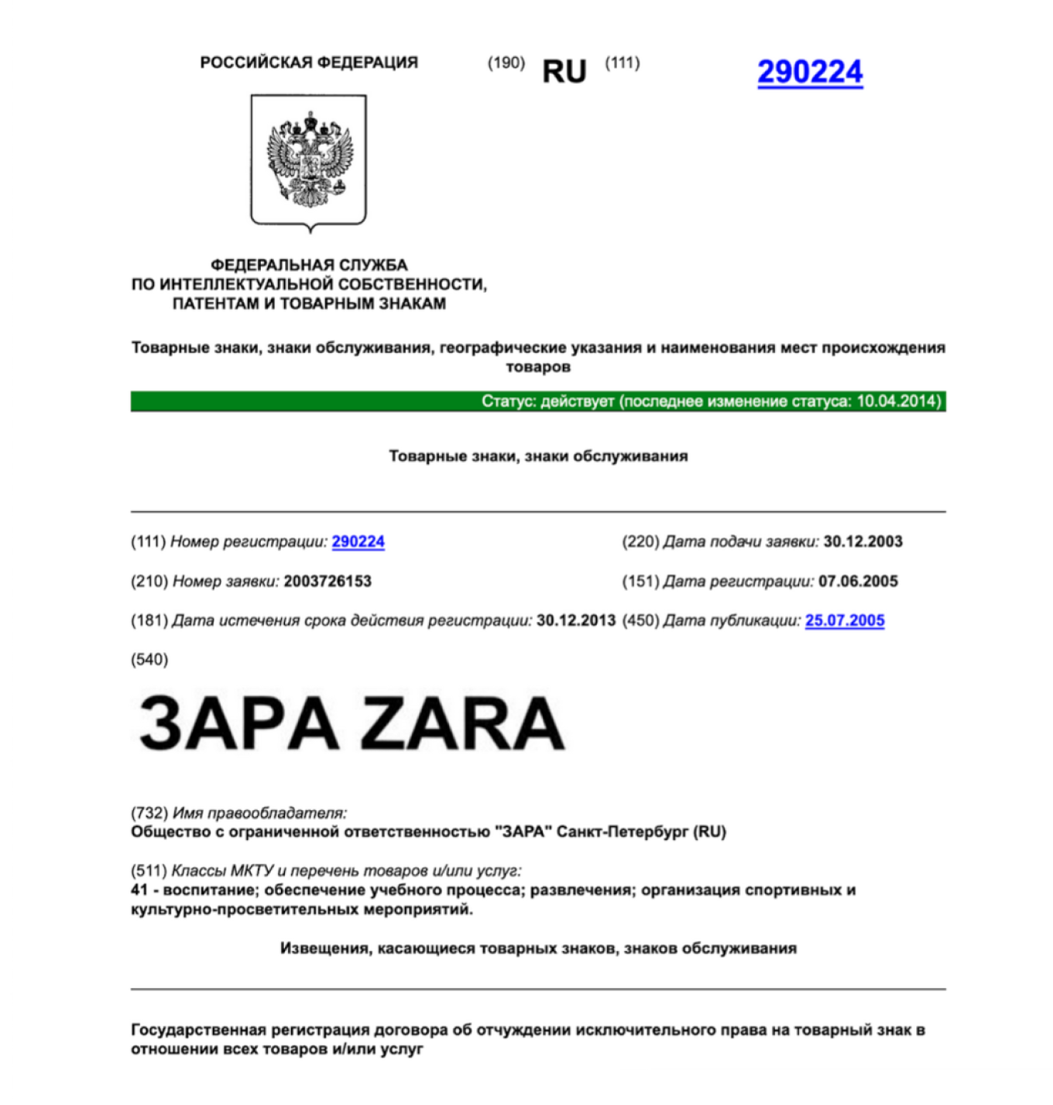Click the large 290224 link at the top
pos(809,72)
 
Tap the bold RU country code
pos(564,72)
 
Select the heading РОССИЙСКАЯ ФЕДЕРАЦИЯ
pos(308,63)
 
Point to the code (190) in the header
pos(506,63)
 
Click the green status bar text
pos(711,401)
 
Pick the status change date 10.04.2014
pos(897,401)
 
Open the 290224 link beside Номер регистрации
pos(358,542)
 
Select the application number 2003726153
pos(328,582)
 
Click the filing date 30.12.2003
pos(863,542)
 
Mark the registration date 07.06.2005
pos(858,582)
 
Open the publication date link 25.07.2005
pos(844,621)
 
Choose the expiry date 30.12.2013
pos(576,621)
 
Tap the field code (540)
pos(149,660)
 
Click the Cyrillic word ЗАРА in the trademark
pos(238,723)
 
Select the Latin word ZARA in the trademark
pos(463,723)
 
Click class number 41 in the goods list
pos(139,891)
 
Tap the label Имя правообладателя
pos(259,813)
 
